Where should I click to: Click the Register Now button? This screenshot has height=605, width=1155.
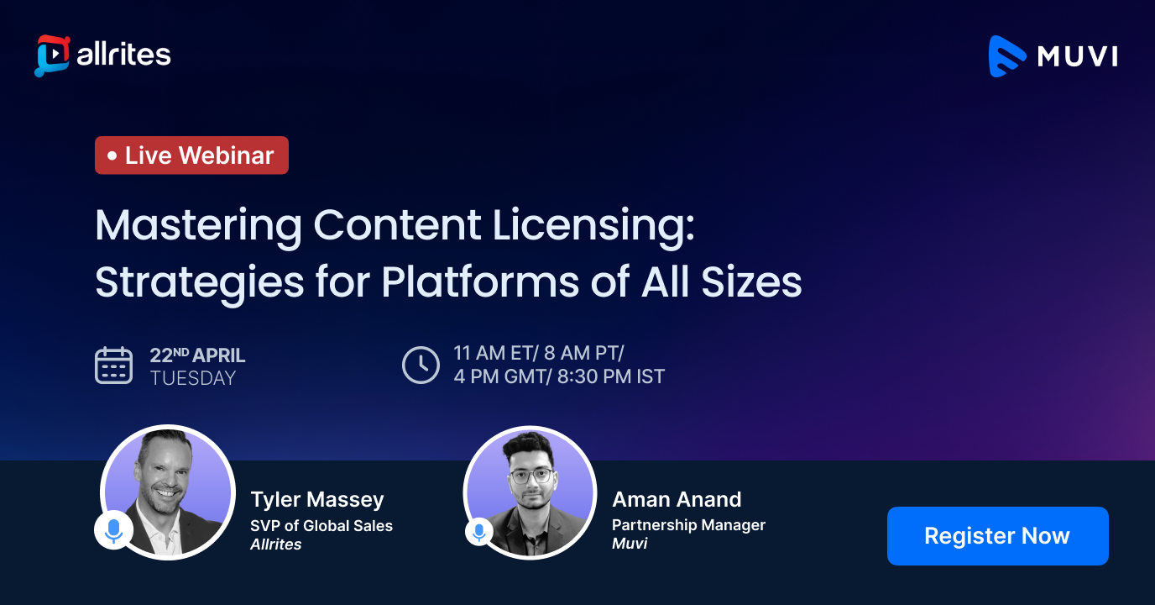[997, 536]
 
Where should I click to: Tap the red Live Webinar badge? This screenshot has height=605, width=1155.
[191, 155]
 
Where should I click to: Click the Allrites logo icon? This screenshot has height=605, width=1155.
[50, 55]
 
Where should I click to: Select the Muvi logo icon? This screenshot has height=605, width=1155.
[1007, 56]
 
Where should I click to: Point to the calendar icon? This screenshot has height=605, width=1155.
[113, 366]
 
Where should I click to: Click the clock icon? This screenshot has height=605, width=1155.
[421, 365]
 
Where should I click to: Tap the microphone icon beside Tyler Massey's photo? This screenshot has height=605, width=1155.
[113, 529]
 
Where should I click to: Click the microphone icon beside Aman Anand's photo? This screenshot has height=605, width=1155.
[478, 531]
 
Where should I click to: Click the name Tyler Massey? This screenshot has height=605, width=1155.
[317, 500]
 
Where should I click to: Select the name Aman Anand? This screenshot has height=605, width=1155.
[677, 500]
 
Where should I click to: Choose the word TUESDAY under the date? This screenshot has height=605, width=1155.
[193, 379]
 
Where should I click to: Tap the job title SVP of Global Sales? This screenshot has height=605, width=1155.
[321, 526]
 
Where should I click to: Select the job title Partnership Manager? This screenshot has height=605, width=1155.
[688, 525]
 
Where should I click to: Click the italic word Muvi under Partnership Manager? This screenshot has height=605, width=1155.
[630, 544]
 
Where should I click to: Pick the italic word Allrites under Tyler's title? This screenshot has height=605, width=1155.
[276, 544]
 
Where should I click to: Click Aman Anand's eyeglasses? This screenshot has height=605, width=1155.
[530, 476]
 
